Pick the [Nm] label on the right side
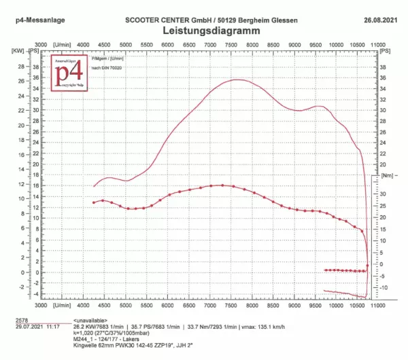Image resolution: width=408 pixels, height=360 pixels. [386, 175]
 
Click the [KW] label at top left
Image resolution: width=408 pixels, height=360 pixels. [17, 50]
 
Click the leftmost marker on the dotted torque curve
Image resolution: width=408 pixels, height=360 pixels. [95, 202]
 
